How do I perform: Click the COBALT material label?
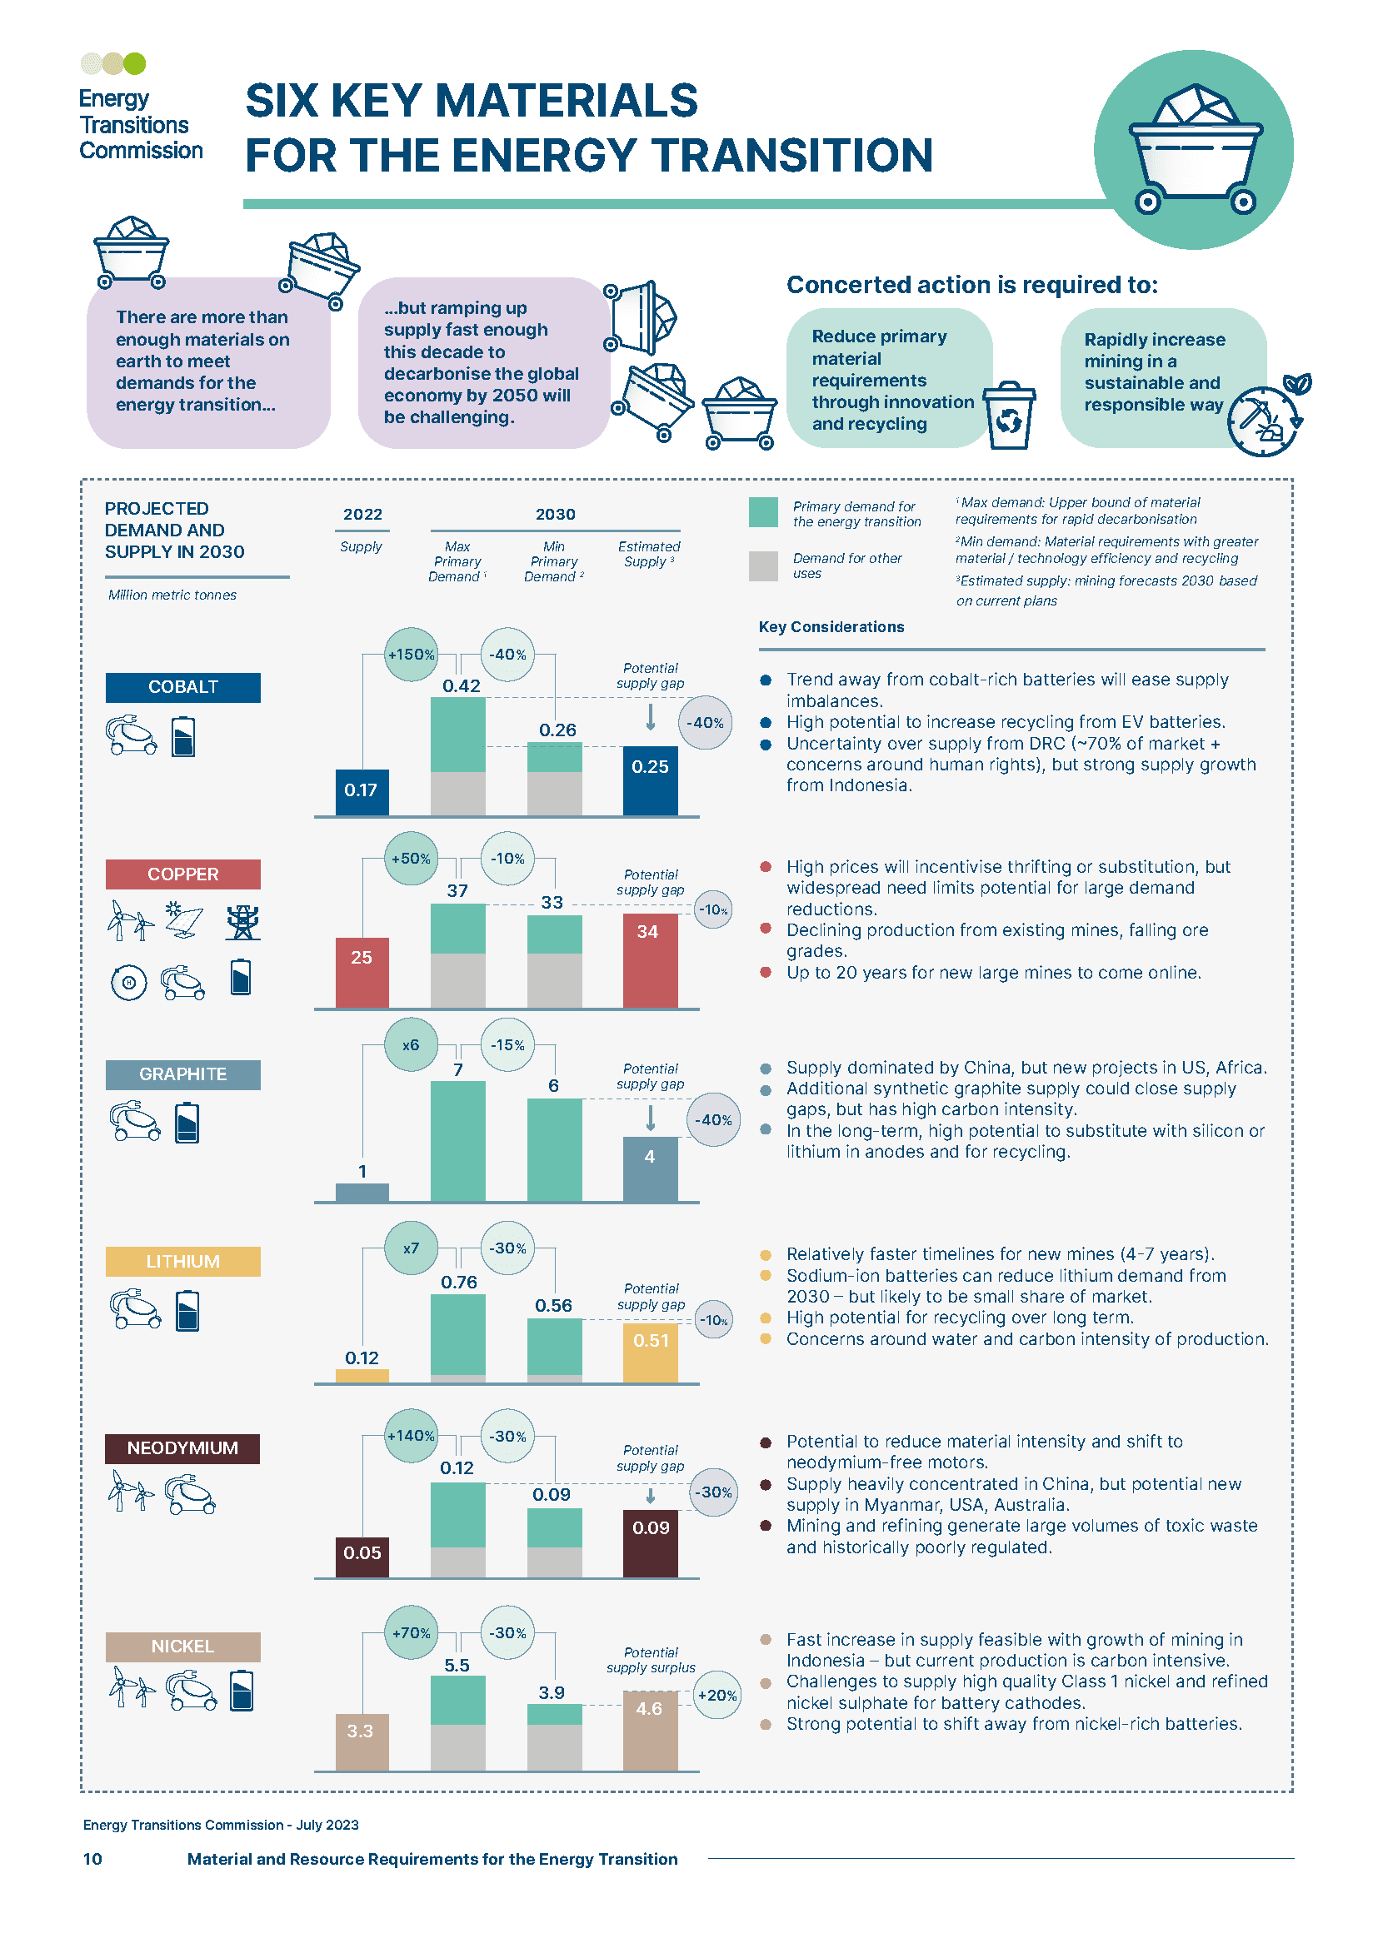point(182,687)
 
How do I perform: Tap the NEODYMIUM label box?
point(182,1448)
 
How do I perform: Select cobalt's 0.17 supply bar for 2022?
point(362,791)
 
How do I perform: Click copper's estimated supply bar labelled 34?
point(650,960)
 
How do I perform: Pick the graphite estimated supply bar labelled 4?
point(650,1168)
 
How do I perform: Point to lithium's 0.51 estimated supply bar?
point(650,1351)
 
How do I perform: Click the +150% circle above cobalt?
point(411,654)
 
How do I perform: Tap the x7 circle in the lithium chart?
point(411,1248)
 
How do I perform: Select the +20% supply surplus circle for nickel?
point(717,1695)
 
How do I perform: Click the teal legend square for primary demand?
point(763,512)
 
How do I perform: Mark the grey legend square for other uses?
point(763,565)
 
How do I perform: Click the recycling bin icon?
point(1009,415)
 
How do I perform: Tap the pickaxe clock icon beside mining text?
point(1264,421)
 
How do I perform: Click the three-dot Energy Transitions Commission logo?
point(113,63)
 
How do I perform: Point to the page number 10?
point(92,1859)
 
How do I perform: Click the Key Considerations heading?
point(831,627)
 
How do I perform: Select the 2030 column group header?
point(555,514)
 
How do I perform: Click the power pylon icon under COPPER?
point(242,922)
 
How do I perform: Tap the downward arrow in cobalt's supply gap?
point(651,717)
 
